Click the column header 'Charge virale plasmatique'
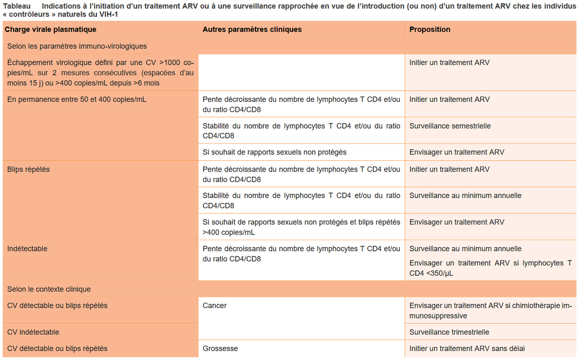tap(50, 29)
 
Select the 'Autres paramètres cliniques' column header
tap(252, 29)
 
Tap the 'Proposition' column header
tap(430, 29)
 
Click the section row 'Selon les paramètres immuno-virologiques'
tap(77, 46)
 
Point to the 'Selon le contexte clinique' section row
tap(49, 289)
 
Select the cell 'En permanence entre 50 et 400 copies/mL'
tap(77, 100)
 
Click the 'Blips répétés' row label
tap(29, 169)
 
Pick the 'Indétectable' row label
tap(27, 249)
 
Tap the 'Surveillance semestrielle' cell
tap(450, 126)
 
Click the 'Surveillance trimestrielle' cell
tap(449, 332)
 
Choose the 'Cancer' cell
tap(215, 306)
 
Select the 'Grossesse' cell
tap(220, 349)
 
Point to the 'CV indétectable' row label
tap(33, 332)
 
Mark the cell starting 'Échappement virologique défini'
tap(100, 73)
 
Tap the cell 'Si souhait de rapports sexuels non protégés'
tap(274, 152)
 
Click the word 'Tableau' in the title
tap(17, 6)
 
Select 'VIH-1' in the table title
tap(109, 14)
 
